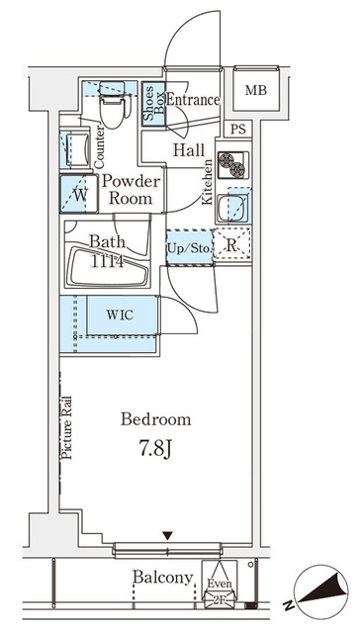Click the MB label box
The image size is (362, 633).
tap(256, 91)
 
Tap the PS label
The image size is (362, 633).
tap(237, 130)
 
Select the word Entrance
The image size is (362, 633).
tap(193, 100)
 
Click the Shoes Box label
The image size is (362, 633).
tap(152, 105)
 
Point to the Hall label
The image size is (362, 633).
tap(188, 150)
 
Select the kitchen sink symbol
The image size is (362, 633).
tap(235, 208)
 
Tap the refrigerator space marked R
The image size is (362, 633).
tap(231, 247)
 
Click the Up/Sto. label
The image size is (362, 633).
tap(188, 247)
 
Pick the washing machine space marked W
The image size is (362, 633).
tap(78, 195)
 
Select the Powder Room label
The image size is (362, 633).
tap(129, 190)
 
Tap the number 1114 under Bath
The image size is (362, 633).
tap(107, 261)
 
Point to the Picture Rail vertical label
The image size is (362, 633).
tap(68, 426)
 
